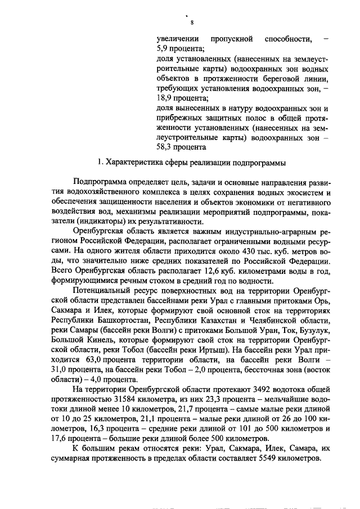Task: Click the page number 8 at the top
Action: click(x=192, y=22)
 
